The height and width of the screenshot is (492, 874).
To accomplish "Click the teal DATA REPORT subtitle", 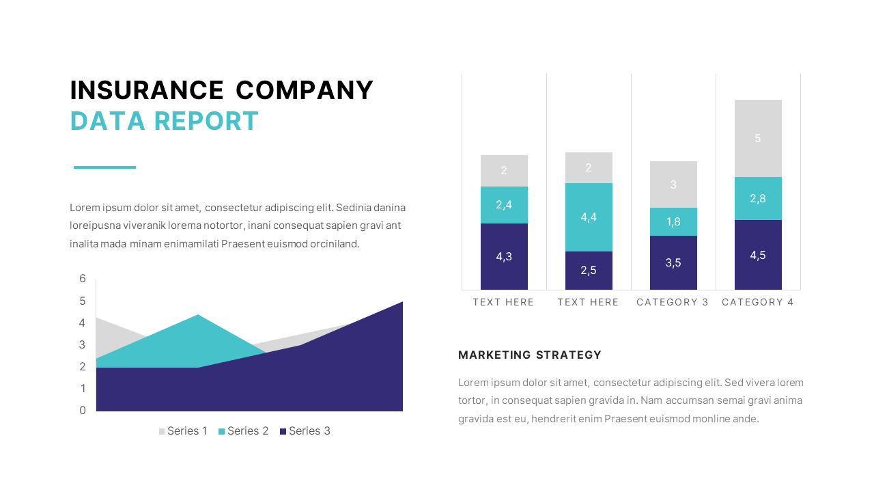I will (x=165, y=121).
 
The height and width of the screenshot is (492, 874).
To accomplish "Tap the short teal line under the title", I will (x=104, y=167).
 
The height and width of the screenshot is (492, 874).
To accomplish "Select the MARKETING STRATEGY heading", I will (x=530, y=355).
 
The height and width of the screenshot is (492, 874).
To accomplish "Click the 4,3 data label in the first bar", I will (x=504, y=257).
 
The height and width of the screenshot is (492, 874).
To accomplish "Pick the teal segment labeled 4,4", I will (x=589, y=217).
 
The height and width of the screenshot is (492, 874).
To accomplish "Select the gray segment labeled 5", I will (x=758, y=138).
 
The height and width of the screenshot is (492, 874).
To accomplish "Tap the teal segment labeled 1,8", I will (x=673, y=221).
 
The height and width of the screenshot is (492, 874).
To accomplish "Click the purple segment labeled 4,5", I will (x=758, y=255).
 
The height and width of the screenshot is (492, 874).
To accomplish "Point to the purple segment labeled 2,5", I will (x=589, y=270).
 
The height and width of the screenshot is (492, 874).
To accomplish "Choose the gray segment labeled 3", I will (x=673, y=184).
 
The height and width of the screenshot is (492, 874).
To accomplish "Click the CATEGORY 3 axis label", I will (x=673, y=302).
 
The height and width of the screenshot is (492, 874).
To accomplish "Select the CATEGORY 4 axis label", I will (x=758, y=302).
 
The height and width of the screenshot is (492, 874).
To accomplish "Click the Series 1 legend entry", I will (x=183, y=430).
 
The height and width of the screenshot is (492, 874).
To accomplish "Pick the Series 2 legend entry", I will (x=244, y=430).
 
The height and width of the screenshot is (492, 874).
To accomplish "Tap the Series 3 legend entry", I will (x=305, y=430).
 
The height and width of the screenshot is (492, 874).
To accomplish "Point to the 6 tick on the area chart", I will (x=83, y=278).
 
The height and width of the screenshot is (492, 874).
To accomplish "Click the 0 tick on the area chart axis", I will (x=83, y=410).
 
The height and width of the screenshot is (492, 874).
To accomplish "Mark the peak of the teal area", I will (x=198, y=316).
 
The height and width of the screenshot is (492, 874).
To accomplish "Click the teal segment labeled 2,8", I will (x=758, y=198).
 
